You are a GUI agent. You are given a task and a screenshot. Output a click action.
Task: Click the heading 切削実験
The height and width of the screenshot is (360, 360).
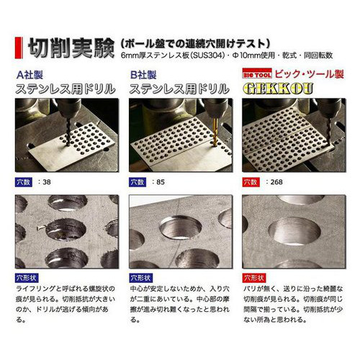point(71,48)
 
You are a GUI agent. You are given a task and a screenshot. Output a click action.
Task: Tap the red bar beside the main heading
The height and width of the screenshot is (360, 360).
point(19,48)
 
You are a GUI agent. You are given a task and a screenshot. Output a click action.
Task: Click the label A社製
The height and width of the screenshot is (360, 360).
point(30,75)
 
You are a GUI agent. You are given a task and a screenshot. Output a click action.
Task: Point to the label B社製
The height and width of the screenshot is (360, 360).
point(143,75)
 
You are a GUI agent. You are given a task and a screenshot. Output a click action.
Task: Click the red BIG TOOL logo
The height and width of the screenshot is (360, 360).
point(257,73)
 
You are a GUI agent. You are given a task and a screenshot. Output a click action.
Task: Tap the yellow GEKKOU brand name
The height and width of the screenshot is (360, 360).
point(279,89)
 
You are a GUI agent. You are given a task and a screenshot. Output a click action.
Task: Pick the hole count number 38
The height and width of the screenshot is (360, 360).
point(47,182)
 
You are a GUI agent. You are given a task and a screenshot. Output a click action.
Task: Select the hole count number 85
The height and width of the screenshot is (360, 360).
point(161,182)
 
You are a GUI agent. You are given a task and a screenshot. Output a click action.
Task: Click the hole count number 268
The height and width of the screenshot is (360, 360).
point(276,182)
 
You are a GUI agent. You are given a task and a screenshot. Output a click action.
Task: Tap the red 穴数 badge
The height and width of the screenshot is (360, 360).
point(251,182)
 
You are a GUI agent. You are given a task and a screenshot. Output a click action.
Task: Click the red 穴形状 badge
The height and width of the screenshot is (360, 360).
point(254,278)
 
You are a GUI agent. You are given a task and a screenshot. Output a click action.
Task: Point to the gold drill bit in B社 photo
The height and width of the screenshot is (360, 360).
point(215,131)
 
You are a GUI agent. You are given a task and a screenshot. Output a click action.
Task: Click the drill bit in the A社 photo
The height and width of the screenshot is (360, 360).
point(68,131)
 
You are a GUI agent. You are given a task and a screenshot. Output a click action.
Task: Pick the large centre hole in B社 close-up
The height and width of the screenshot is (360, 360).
point(181,228)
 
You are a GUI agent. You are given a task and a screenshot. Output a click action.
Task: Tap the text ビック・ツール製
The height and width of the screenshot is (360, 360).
point(310,74)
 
